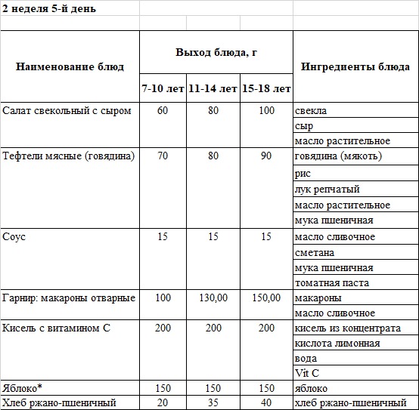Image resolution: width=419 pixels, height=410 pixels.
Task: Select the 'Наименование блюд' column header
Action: click(x=70, y=66)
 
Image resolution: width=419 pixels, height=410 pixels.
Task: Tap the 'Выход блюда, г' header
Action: click(x=216, y=52)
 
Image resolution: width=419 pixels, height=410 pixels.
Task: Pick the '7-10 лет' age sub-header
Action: click(x=163, y=89)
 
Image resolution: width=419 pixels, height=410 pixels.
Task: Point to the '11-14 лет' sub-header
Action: click(x=213, y=89)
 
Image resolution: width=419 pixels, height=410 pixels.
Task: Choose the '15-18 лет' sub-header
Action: click(x=266, y=89)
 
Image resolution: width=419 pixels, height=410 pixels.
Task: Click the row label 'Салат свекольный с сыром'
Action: click(x=67, y=111)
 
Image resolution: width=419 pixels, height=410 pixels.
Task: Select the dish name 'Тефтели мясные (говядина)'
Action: click(x=69, y=156)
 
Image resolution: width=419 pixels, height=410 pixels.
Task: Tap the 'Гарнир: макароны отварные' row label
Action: click(x=69, y=298)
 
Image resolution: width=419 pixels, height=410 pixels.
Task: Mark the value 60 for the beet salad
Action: click(x=163, y=111)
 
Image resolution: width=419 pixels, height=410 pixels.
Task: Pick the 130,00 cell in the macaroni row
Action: click(x=213, y=298)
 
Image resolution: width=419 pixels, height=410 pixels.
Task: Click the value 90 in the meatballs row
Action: click(x=266, y=156)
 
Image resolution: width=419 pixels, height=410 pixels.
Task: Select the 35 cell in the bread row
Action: click(x=213, y=403)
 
